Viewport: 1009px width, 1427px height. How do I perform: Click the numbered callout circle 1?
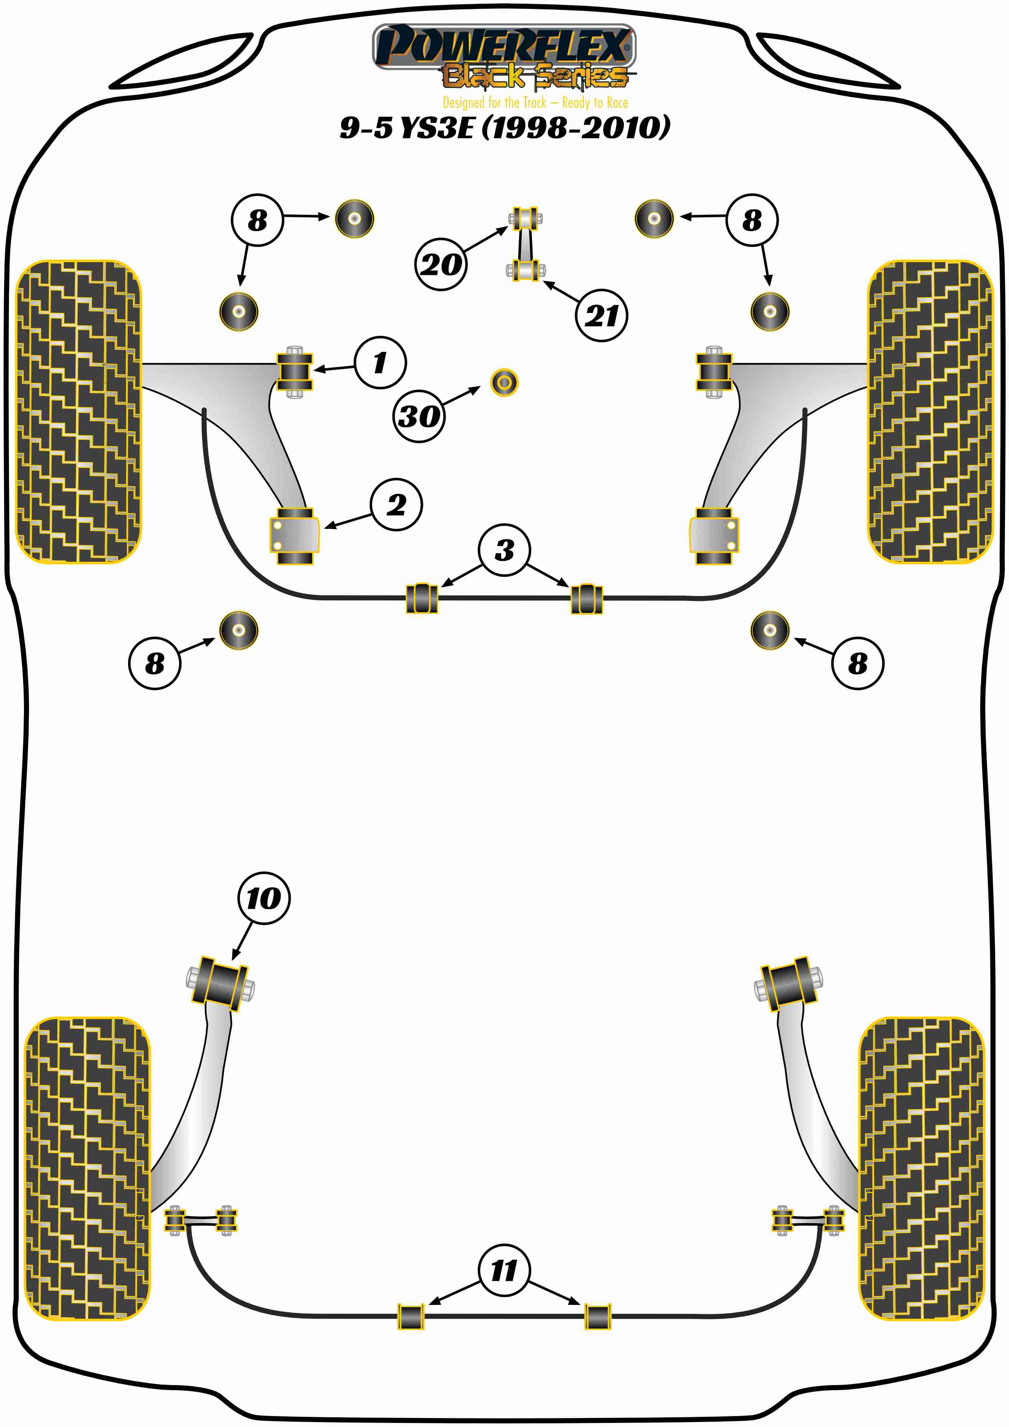pos(380,362)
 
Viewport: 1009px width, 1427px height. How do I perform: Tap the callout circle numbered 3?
pos(504,550)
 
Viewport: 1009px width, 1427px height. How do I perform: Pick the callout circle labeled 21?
pos(601,315)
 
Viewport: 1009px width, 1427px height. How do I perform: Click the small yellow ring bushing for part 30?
pos(504,382)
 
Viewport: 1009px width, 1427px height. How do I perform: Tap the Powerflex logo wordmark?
pos(503,45)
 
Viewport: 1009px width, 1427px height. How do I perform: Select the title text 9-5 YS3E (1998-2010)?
pos(504,127)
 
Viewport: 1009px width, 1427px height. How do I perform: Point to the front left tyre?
pos(78,411)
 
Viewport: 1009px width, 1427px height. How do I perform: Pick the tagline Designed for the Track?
pos(535,103)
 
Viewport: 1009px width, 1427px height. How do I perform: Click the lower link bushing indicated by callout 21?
pos(525,271)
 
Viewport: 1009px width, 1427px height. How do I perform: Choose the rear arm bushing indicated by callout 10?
pos(220,985)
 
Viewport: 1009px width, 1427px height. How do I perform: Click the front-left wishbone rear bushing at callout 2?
pos(294,536)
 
